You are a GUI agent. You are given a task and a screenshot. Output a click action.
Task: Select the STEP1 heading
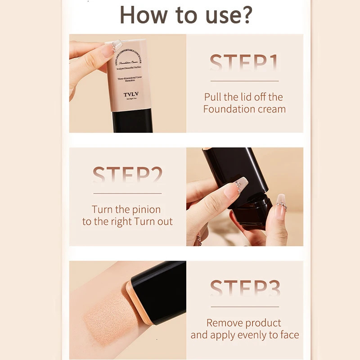point(244,63)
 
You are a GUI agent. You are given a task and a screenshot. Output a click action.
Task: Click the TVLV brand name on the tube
point(130,95)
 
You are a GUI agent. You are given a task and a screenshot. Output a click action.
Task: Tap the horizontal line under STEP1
point(244,81)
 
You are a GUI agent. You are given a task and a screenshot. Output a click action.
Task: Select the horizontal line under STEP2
point(127,193)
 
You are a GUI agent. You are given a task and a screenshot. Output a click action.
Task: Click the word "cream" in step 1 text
point(271,109)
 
